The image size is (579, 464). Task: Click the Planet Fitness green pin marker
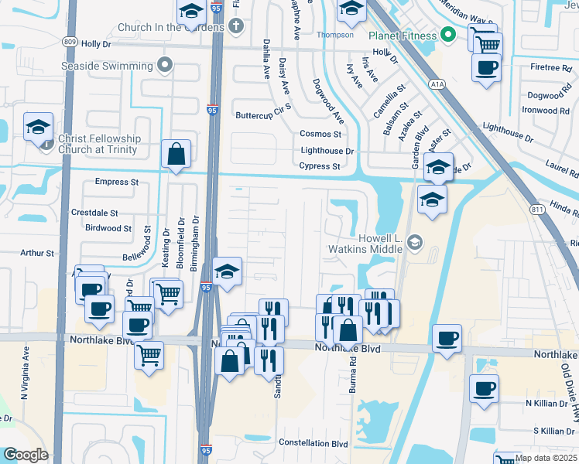point(447,35)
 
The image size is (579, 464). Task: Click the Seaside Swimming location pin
point(164,65)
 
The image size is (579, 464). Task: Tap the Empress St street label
point(116,183)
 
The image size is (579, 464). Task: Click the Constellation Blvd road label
point(313,443)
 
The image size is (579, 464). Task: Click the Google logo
point(26,455)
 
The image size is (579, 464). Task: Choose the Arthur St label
point(37,253)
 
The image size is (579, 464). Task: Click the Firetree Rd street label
point(550,68)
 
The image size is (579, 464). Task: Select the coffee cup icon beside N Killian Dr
point(484,387)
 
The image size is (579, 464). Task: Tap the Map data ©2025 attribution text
point(546,458)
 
